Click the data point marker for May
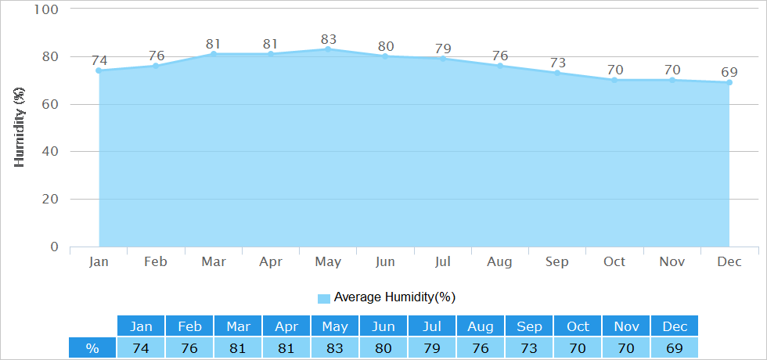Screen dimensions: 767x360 (x=328, y=49)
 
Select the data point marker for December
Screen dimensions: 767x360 (x=729, y=83)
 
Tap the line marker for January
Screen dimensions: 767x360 (x=99, y=70)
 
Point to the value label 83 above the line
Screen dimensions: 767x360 (x=328, y=39)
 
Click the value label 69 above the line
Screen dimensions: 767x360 (x=729, y=72)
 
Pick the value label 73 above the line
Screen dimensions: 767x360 (x=557, y=63)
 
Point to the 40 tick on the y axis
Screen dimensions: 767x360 (x=51, y=152)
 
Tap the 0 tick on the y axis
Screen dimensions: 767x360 (x=54, y=247)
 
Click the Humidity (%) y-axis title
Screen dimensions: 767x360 (x=19, y=128)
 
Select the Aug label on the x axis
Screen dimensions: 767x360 (x=499, y=262)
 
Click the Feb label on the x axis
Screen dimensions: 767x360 (x=156, y=262)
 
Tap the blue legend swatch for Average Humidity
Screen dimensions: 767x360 (x=324, y=298)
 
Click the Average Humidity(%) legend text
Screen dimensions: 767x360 (x=394, y=297)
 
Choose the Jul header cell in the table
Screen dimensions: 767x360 (x=432, y=326)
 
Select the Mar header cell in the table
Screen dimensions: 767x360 (x=238, y=326)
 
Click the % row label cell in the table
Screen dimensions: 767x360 (x=92, y=347)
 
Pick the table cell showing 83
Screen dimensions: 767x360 (x=335, y=347)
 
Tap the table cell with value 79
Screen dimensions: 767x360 (x=432, y=347)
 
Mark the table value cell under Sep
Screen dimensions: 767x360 (x=529, y=347)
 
